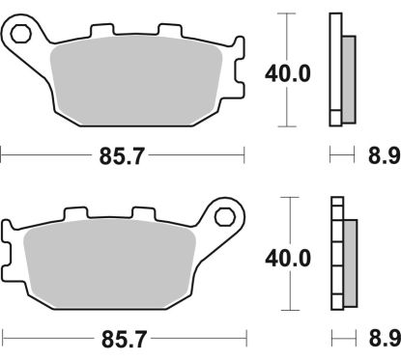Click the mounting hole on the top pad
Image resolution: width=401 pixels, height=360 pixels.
click(x=20, y=36)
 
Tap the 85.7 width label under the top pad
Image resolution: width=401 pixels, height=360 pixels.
click(x=123, y=155)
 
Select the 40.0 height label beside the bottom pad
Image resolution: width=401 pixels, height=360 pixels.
click(x=287, y=258)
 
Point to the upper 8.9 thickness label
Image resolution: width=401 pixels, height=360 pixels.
click(x=376, y=155)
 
